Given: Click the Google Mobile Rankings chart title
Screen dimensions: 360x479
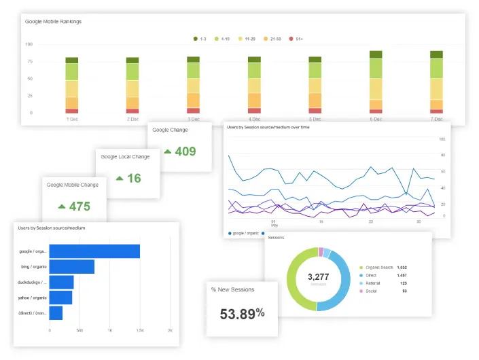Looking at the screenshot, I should (x=53, y=22).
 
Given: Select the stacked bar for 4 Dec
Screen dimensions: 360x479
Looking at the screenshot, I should (x=254, y=85).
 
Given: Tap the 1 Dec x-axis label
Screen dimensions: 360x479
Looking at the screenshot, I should (x=72, y=119).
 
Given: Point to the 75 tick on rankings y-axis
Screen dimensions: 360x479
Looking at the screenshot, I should (x=29, y=61).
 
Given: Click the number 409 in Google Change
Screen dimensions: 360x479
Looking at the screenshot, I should (x=185, y=151).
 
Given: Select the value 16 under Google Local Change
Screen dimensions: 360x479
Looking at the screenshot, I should (x=134, y=178).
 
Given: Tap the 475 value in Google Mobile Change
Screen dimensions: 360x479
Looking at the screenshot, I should (x=79, y=206).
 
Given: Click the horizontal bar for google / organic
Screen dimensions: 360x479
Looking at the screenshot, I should (x=94, y=251).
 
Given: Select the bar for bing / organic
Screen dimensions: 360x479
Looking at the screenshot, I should (x=72, y=266).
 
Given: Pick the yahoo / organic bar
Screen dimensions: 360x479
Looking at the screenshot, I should (x=61, y=298).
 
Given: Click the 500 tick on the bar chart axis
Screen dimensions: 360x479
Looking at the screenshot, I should (x=79, y=330).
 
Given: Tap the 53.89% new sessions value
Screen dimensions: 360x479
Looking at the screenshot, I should (x=242, y=313).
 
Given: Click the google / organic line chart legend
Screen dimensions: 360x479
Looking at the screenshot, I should (x=245, y=233).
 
